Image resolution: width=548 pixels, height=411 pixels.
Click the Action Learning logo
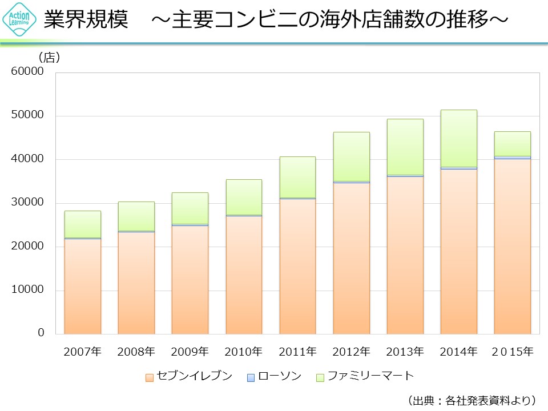[x=20, y=20]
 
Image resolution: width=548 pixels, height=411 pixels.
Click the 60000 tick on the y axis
[x=28, y=71]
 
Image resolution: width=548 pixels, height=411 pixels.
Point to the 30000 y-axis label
[x=28, y=203]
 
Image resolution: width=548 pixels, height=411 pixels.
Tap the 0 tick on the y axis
[x=41, y=333]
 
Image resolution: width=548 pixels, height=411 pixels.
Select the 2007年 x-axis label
[x=83, y=352]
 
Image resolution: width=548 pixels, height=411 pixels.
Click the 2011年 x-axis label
[x=297, y=352]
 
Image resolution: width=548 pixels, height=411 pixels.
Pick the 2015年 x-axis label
[x=513, y=352]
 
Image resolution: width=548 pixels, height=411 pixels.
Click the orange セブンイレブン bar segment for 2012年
[x=351, y=258]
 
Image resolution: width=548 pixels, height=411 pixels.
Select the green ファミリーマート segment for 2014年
[x=459, y=138]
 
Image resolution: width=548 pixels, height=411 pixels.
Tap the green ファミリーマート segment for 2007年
[x=83, y=224]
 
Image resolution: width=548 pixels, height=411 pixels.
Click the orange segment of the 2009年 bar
[x=190, y=280]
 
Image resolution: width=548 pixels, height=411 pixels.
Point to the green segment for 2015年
[x=513, y=143]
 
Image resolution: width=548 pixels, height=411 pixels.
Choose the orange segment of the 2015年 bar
[x=513, y=245]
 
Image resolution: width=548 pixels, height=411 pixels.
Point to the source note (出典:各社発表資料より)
[x=472, y=400]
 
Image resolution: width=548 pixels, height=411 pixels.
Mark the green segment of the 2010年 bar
[x=244, y=197]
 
